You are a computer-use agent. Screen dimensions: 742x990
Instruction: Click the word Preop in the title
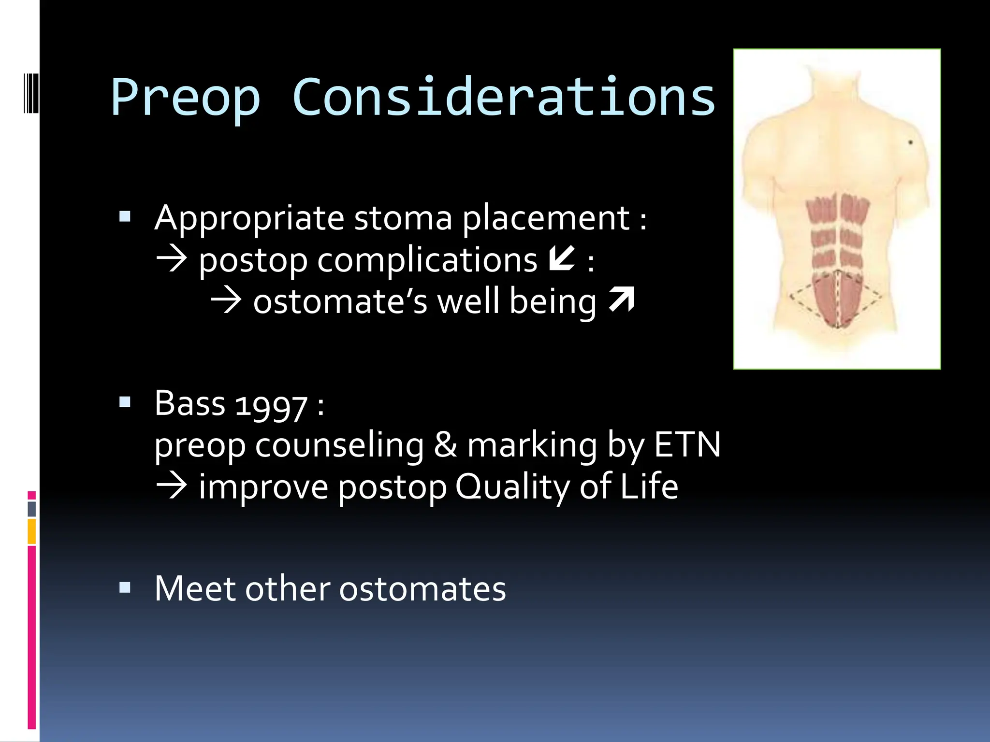[x=186, y=98]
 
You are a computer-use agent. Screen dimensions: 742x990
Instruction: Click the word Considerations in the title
[x=503, y=98]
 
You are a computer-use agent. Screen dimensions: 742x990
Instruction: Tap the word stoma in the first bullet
[x=403, y=218]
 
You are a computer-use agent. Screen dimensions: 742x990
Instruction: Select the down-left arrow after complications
[x=562, y=258]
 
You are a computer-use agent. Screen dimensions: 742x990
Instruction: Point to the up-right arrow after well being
[x=622, y=300]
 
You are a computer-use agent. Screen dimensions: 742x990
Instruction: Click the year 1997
[x=271, y=405]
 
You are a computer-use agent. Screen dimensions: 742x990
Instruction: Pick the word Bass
[x=190, y=403]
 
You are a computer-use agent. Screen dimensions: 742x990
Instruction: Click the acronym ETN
[x=687, y=444]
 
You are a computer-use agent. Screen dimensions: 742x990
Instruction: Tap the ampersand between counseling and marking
[x=445, y=444]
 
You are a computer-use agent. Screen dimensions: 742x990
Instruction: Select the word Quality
[x=512, y=487]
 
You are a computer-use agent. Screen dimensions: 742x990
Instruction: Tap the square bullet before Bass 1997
[x=125, y=402]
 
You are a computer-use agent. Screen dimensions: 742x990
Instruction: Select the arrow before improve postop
[x=171, y=486]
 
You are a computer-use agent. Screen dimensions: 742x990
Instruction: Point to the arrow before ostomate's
[x=226, y=300]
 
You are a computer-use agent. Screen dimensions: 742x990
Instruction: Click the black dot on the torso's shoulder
[x=910, y=143]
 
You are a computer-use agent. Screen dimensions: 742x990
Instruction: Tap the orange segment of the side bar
[x=31, y=531]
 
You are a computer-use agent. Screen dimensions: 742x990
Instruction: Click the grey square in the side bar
[x=32, y=509]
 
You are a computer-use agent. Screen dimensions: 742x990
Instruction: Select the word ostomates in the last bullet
[x=422, y=588]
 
